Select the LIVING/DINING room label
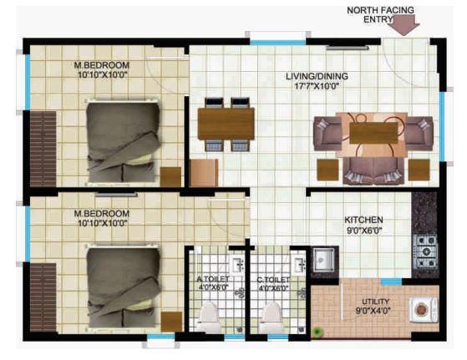[x=317, y=76]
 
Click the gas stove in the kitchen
[x=426, y=246]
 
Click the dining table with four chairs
[x=226, y=124]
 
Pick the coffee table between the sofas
[x=373, y=134]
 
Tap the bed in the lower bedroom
[x=122, y=287]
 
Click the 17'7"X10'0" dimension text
[x=317, y=86]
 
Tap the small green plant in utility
[x=318, y=332]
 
